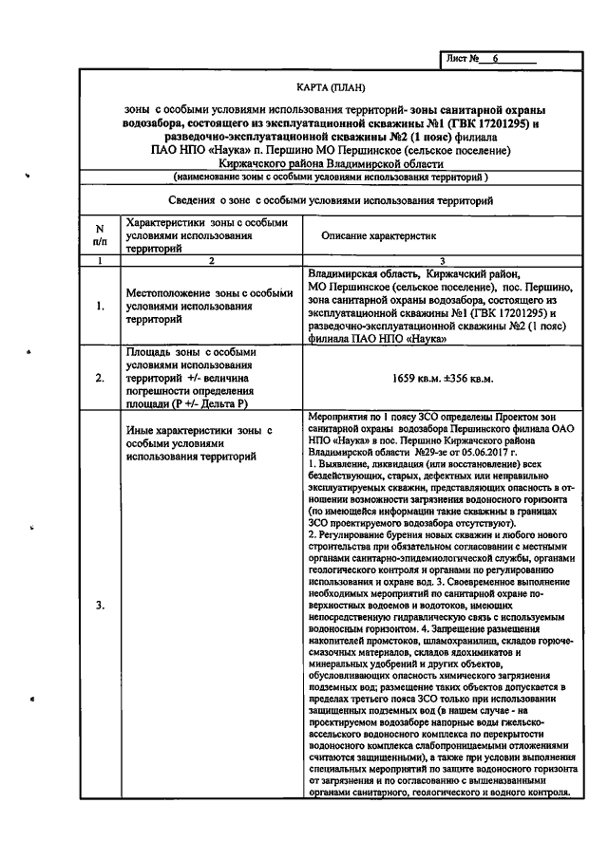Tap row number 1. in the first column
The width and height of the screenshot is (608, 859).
98,307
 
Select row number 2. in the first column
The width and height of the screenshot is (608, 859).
98,379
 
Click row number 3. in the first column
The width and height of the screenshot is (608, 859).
98,605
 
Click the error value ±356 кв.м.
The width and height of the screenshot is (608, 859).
469,379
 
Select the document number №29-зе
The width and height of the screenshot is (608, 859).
427,453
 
